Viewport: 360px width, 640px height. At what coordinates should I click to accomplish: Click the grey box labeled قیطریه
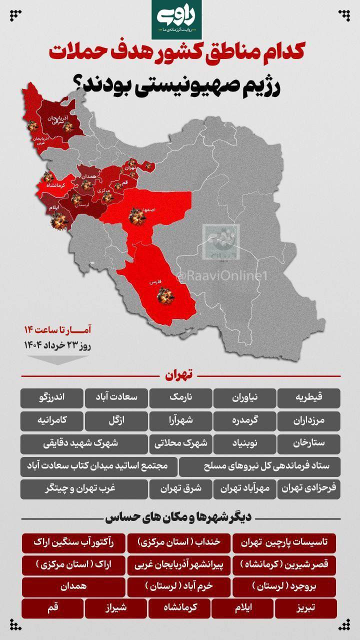pyautogui.click(x=308, y=397)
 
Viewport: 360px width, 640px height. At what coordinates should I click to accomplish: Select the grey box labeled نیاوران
pyautogui.click(x=245, y=397)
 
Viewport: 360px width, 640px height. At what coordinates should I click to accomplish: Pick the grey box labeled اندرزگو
pyautogui.click(x=51, y=397)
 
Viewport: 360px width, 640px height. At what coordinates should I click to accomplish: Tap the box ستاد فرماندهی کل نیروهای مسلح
pyautogui.click(x=259, y=466)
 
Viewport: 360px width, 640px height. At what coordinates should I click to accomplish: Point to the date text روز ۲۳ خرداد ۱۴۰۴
pyautogui.click(x=57, y=344)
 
